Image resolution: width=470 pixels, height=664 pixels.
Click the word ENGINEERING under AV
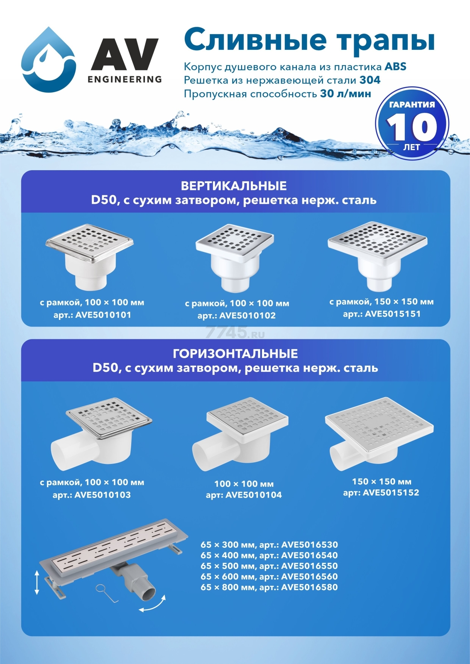coord(125,79)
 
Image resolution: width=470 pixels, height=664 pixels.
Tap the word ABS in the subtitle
coord(395,66)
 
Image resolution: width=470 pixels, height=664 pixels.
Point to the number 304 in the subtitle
coord(370,80)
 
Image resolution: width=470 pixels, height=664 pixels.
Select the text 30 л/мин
coord(345,94)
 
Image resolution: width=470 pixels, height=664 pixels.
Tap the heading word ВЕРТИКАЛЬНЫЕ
coord(234,186)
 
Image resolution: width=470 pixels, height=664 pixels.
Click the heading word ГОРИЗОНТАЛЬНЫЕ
coord(235,354)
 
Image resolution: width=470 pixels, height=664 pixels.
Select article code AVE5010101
coord(103,315)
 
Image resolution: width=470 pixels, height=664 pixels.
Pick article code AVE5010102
coord(247,316)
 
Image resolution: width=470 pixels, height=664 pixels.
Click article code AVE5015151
coord(393,314)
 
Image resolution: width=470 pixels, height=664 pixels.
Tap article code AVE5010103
coord(103,495)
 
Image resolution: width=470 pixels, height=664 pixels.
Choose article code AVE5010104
coord(254,495)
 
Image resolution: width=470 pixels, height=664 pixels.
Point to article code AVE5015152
coord(391,493)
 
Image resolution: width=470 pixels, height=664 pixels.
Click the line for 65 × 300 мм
coord(269,545)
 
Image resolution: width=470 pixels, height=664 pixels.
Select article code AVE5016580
coord(310,587)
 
